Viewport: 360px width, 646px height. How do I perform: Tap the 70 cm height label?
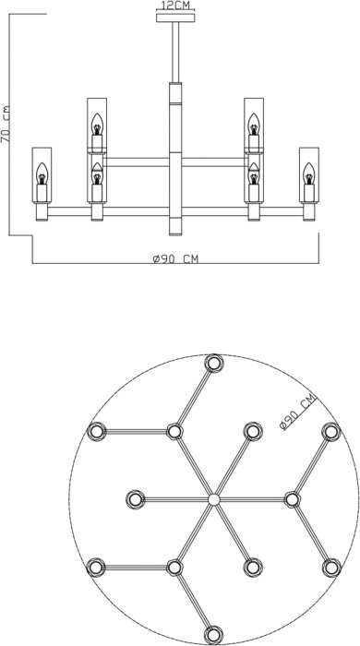pyautogui.click(x=6, y=125)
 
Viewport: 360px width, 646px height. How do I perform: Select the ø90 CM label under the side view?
pyautogui.click(x=175, y=258)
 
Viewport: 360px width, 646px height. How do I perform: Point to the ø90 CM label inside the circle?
pyautogui.click(x=297, y=412)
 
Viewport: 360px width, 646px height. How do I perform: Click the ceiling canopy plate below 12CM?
pyautogui.click(x=175, y=18)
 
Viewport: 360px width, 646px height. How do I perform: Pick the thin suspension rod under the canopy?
pyautogui.click(x=175, y=53)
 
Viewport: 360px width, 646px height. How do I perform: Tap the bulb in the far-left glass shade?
pyautogui.click(x=42, y=173)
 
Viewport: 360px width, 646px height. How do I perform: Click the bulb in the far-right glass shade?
pyautogui.click(x=309, y=173)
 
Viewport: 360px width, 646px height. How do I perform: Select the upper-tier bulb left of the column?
pyautogui.click(x=97, y=125)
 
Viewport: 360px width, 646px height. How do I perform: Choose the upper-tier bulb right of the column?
pyautogui.click(x=254, y=125)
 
